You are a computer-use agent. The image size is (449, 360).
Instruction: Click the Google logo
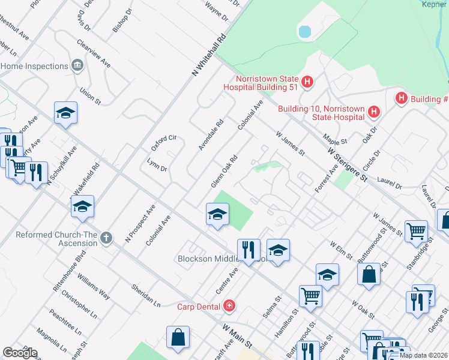[x=20, y=353]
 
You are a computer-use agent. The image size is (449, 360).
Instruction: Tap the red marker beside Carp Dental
[x=229, y=307]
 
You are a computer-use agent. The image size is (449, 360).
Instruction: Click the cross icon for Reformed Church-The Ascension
[x=106, y=238]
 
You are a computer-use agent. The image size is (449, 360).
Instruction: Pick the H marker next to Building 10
[x=374, y=112]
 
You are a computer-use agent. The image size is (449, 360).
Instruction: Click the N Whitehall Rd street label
[x=208, y=54]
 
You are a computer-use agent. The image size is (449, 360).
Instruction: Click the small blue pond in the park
[x=304, y=31]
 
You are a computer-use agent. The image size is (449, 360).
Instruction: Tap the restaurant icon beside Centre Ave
[x=248, y=250]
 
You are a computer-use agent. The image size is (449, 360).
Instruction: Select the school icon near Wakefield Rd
[x=82, y=207]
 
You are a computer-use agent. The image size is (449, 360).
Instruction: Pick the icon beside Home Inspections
[x=77, y=65]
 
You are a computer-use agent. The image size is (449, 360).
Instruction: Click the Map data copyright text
[x=423, y=355]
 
